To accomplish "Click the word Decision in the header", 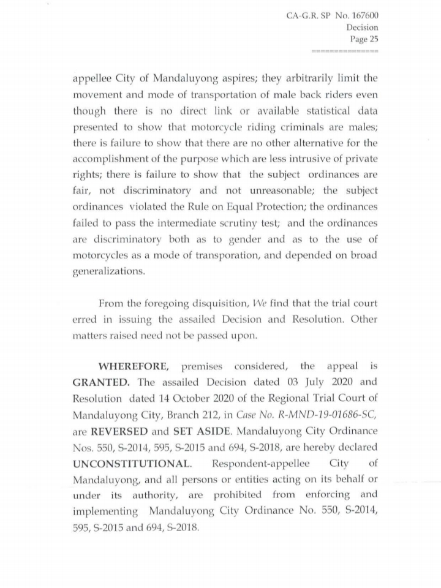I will pos(362,28).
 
